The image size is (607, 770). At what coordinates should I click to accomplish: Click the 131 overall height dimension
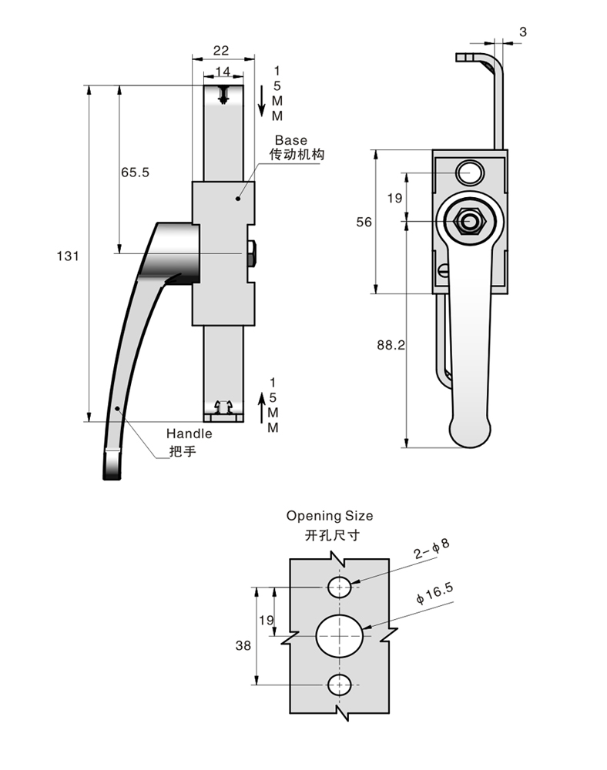pos(69,256)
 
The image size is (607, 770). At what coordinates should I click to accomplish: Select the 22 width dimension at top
pos(221,51)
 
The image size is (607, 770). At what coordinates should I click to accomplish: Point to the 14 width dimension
pos(223,71)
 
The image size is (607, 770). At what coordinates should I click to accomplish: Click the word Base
pos(290,140)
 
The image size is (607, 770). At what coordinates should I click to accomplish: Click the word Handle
pos(189,434)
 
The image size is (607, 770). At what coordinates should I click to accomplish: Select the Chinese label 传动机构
pos(297,155)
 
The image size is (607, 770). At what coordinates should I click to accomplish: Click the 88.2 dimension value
pos(391,346)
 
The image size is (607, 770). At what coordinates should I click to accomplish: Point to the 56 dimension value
pos(364,222)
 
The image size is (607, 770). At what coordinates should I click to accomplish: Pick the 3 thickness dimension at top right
pos(523,32)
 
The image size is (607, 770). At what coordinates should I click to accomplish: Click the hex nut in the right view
pos(470,222)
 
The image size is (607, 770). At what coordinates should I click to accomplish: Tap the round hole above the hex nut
pos(469,172)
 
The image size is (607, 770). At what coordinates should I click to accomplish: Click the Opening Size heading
pos(329,515)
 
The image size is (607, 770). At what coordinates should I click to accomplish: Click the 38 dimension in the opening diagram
pos(242,647)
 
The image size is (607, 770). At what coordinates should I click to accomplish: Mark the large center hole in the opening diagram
pos(340,636)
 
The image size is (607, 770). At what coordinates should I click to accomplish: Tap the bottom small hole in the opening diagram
pos(340,683)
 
